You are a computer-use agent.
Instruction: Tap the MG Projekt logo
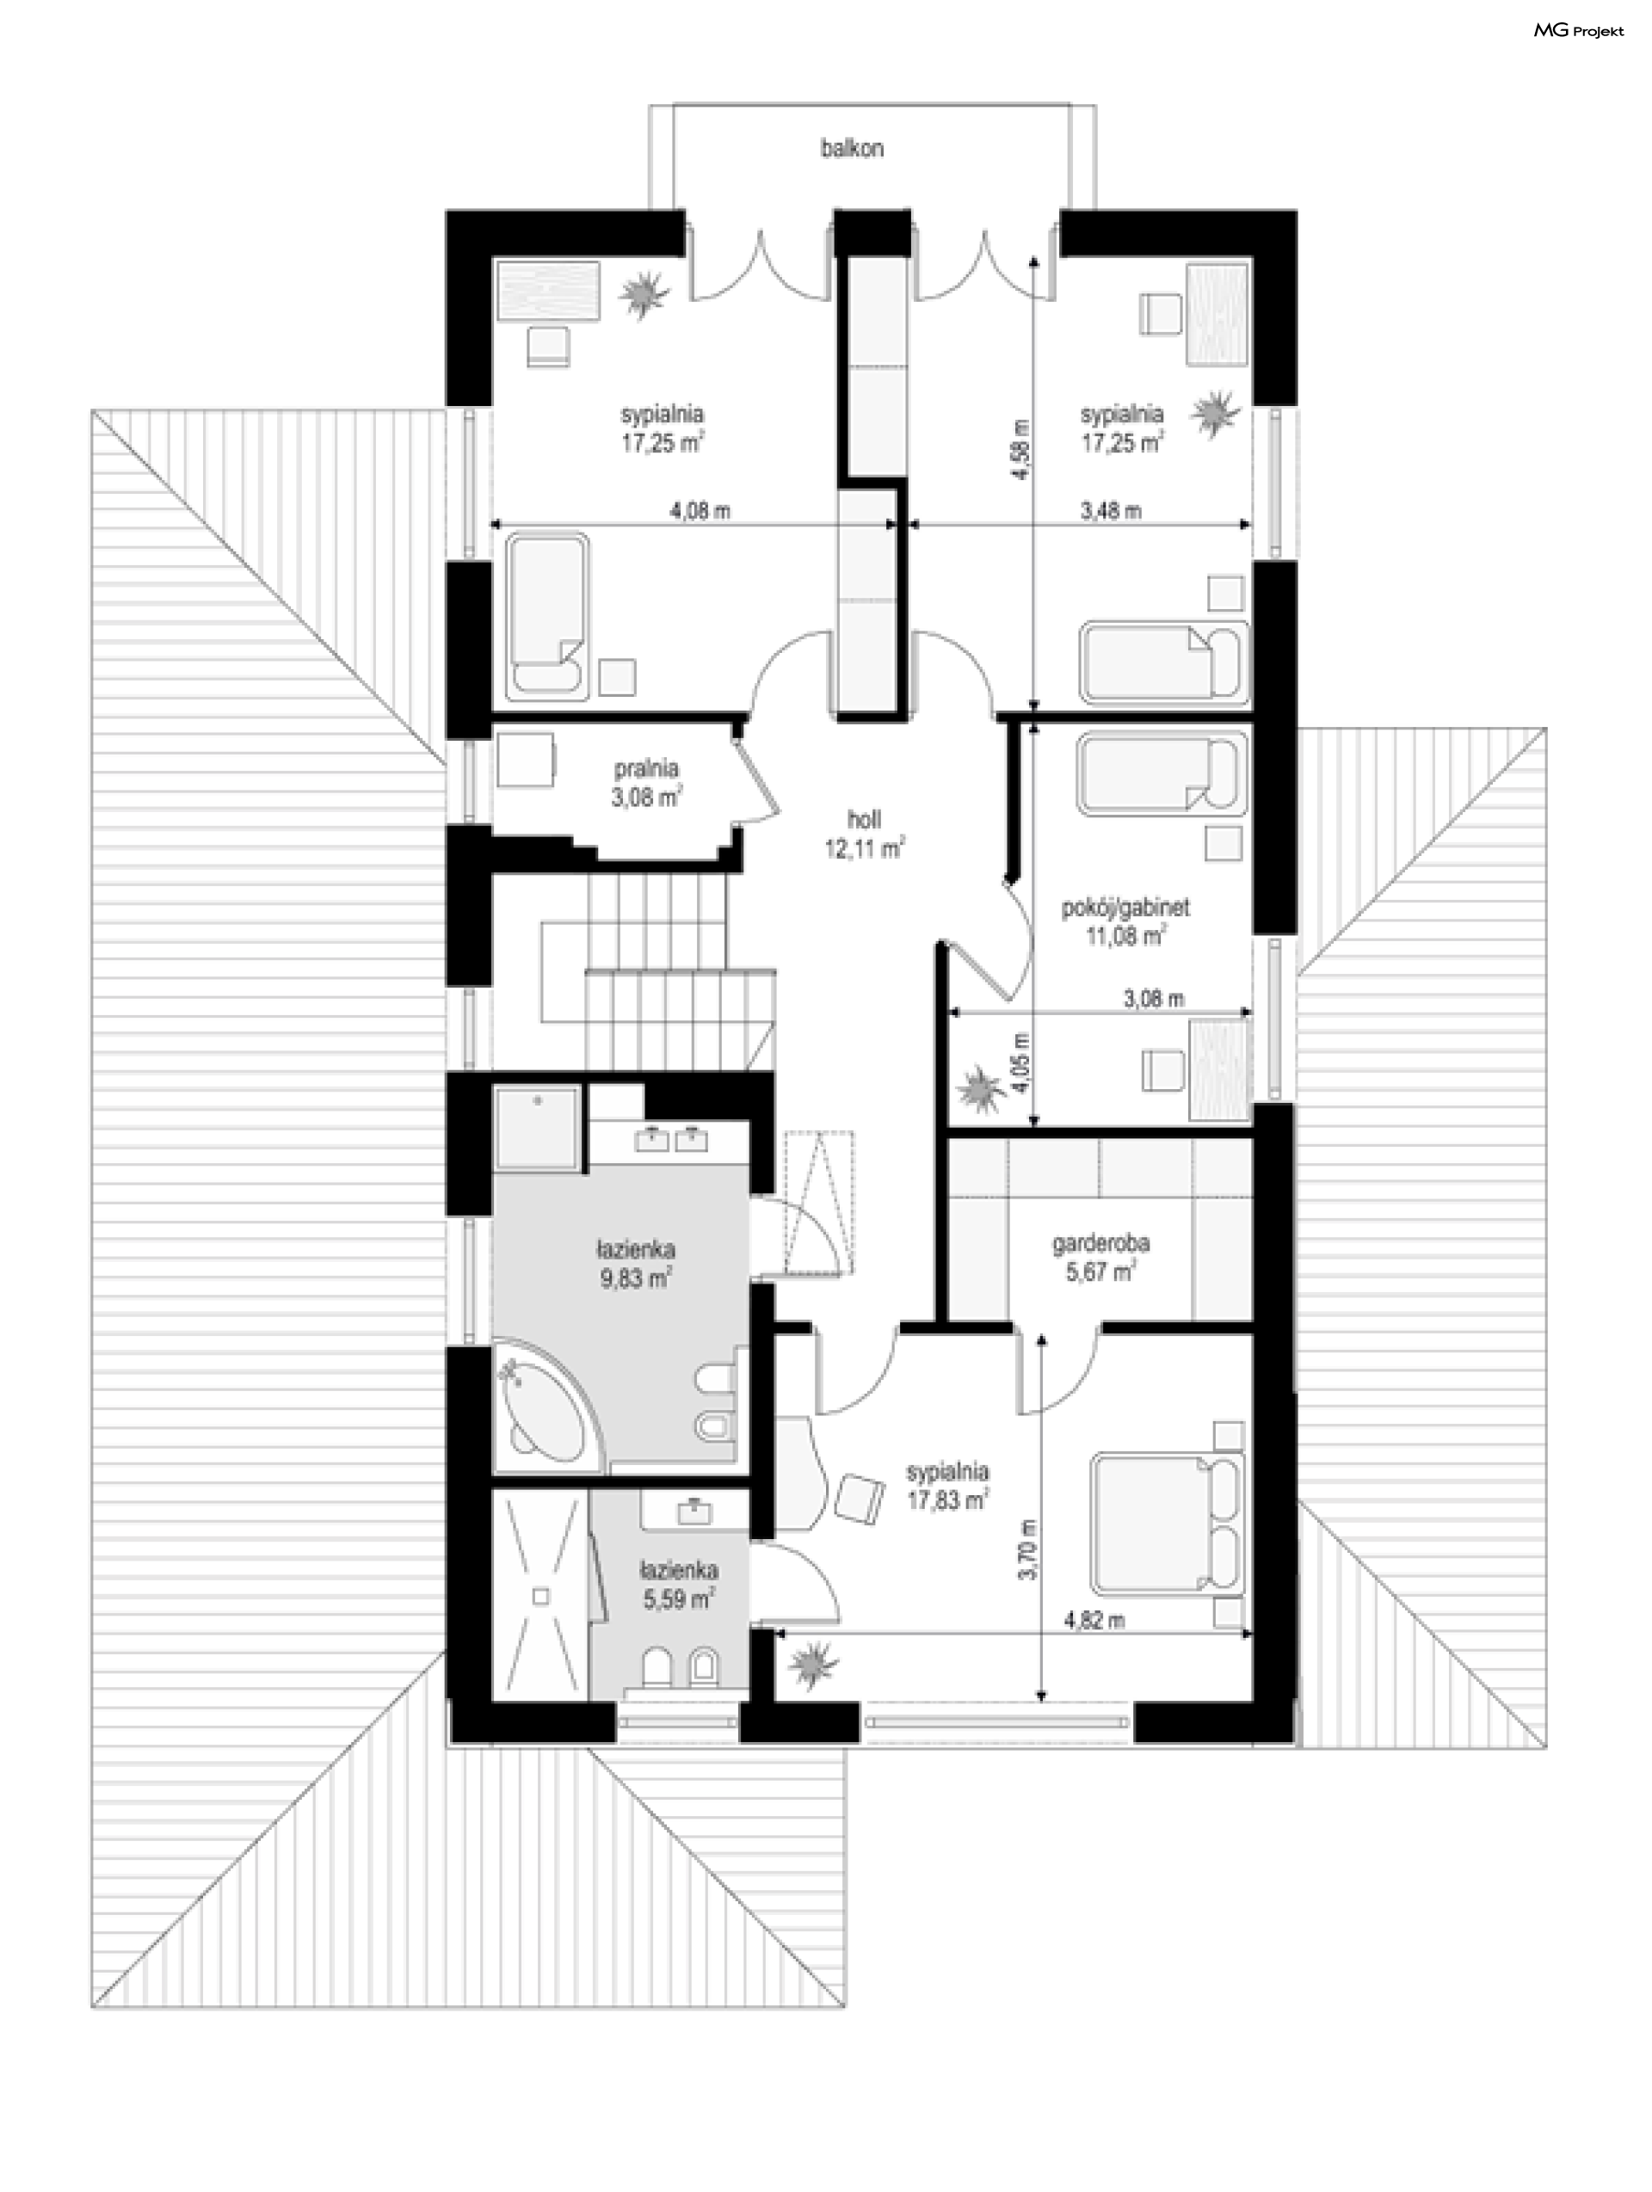click(x=1579, y=31)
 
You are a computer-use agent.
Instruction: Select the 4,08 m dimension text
click(x=700, y=511)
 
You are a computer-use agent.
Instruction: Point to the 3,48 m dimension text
click(x=1110, y=511)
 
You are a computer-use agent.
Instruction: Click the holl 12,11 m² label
click(x=864, y=834)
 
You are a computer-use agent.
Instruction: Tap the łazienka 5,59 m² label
click(x=679, y=1584)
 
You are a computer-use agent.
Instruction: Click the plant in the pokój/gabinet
click(x=982, y=1089)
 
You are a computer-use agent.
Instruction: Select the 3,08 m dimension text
click(x=1154, y=999)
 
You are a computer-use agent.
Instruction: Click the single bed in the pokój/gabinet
click(x=1162, y=773)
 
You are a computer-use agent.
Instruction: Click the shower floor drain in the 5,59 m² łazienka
click(x=541, y=1597)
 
